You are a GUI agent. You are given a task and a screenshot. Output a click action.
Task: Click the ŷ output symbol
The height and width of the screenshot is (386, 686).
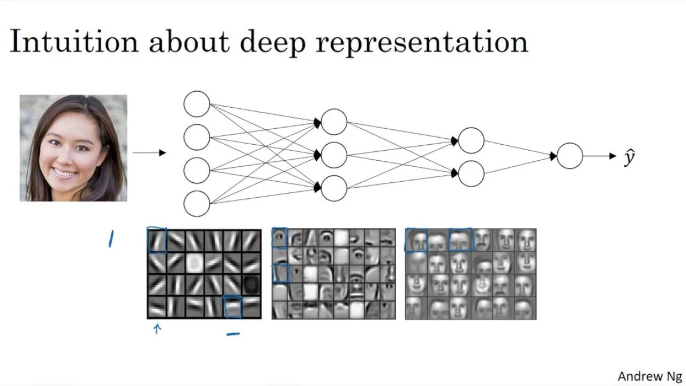(630, 157)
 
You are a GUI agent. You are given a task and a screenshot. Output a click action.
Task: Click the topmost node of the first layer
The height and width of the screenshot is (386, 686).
(197, 104)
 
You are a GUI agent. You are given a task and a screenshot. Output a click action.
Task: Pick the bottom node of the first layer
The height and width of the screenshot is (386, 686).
(197, 204)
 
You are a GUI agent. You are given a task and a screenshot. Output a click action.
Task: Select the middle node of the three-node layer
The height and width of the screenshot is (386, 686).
(334, 155)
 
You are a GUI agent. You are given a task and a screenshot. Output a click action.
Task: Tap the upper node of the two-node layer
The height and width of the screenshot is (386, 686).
(472, 140)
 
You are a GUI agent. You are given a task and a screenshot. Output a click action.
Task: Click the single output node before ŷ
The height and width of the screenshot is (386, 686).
(570, 156)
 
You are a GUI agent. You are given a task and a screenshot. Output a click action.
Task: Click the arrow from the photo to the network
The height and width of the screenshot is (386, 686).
(150, 153)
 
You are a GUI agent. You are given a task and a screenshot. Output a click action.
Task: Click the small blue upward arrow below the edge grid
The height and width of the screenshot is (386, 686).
(157, 329)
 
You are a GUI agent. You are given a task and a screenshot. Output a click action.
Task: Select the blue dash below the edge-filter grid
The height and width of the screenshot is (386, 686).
(233, 334)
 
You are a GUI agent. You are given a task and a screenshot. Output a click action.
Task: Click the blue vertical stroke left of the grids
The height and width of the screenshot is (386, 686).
(111, 239)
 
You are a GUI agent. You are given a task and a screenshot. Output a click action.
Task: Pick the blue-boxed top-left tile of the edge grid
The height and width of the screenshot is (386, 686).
(157, 240)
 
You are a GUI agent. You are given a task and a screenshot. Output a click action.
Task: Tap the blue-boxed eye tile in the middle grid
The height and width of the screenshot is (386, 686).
(279, 238)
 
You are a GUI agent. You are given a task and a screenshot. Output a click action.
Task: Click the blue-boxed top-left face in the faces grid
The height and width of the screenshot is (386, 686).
(416, 240)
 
